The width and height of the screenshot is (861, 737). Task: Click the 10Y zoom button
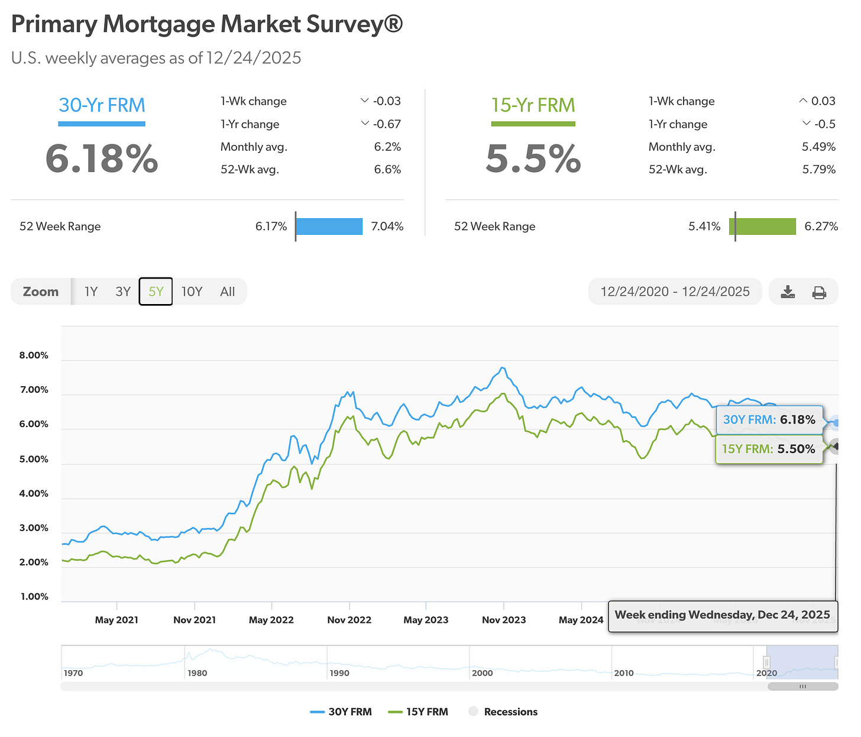click(192, 292)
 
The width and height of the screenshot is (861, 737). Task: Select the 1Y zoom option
click(90, 292)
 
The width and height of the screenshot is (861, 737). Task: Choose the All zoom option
click(228, 292)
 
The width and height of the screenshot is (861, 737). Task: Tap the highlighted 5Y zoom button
click(156, 292)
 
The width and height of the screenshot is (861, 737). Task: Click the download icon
click(788, 292)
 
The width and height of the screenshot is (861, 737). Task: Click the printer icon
click(819, 292)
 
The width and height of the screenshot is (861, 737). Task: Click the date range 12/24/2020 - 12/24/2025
click(675, 292)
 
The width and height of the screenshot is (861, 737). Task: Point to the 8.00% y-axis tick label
click(34, 355)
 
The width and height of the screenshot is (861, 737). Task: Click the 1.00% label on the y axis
click(34, 596)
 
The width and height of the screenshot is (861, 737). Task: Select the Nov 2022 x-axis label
click(349, 620)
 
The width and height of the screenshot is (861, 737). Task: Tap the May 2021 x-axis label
click(116, 620)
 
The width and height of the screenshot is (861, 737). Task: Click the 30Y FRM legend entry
click(341, 712)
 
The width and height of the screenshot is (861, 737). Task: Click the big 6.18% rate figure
click(102, 159)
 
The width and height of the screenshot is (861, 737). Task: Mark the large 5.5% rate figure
click(533, 159)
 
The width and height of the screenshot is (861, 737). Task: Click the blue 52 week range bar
click(329, 227)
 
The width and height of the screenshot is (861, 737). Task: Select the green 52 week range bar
click(763, 227)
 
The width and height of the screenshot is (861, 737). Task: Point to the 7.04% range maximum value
click(387, 227)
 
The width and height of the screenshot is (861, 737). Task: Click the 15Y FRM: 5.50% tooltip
click(768, 449)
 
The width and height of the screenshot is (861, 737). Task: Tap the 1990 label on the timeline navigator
click(339, 673)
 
